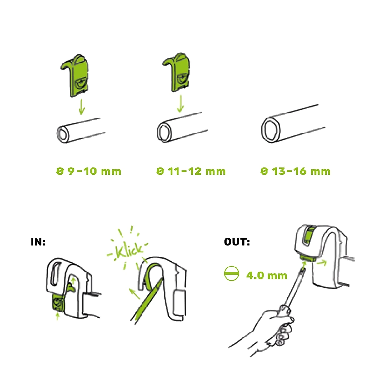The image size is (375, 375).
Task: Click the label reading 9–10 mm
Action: tap(89, 171)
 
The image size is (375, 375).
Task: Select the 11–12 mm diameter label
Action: tap(191, 171)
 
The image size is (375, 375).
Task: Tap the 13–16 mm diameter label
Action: tap(296, 171)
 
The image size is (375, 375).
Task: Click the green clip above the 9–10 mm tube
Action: tap(75, 75)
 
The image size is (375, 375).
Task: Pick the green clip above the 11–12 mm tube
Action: tap(177, 72)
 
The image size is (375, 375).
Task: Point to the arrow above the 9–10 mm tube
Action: tap(82, 107)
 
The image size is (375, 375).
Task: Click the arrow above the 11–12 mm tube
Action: tap(180, 103)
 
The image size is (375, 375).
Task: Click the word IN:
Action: tap(38, 242)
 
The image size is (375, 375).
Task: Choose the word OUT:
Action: tap(237, 242)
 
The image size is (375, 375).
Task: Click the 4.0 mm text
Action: tap(267, 276)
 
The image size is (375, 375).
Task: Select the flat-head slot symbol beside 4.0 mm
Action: tap(232, 274)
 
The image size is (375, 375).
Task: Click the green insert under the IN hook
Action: tap(58, 303)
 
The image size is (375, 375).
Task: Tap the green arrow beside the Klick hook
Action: tap(135, 294)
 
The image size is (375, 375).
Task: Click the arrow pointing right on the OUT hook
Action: tap(321, 263)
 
